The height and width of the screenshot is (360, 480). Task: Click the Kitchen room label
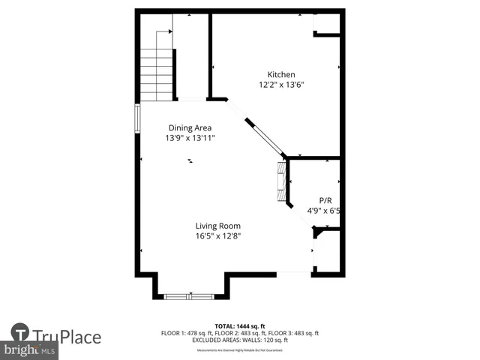(x=281, y=74)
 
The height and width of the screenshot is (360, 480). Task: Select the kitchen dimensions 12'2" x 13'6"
(x=281, y=85)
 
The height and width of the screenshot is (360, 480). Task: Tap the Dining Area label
(x=190, y=127)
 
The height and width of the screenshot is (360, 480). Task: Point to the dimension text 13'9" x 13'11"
(x=190, y=138)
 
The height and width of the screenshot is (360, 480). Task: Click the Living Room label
(x=218, y=226)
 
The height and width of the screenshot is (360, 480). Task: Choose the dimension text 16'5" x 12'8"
(x=218, y=236)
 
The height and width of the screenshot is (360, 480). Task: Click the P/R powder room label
(x=325, y=200)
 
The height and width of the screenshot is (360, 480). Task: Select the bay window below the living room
(x=190, y=296)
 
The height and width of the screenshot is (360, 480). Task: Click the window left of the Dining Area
(x=137, y=118)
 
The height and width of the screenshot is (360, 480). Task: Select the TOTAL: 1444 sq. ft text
(x=240, y=325)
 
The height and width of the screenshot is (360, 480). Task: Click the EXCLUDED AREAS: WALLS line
(x=240, y=340)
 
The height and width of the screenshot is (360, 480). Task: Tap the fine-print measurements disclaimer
(x=240, y=350)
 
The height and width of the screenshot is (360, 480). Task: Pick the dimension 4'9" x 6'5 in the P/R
(x=326, y=211)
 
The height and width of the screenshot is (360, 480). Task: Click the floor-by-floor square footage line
(x=240, y=333)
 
